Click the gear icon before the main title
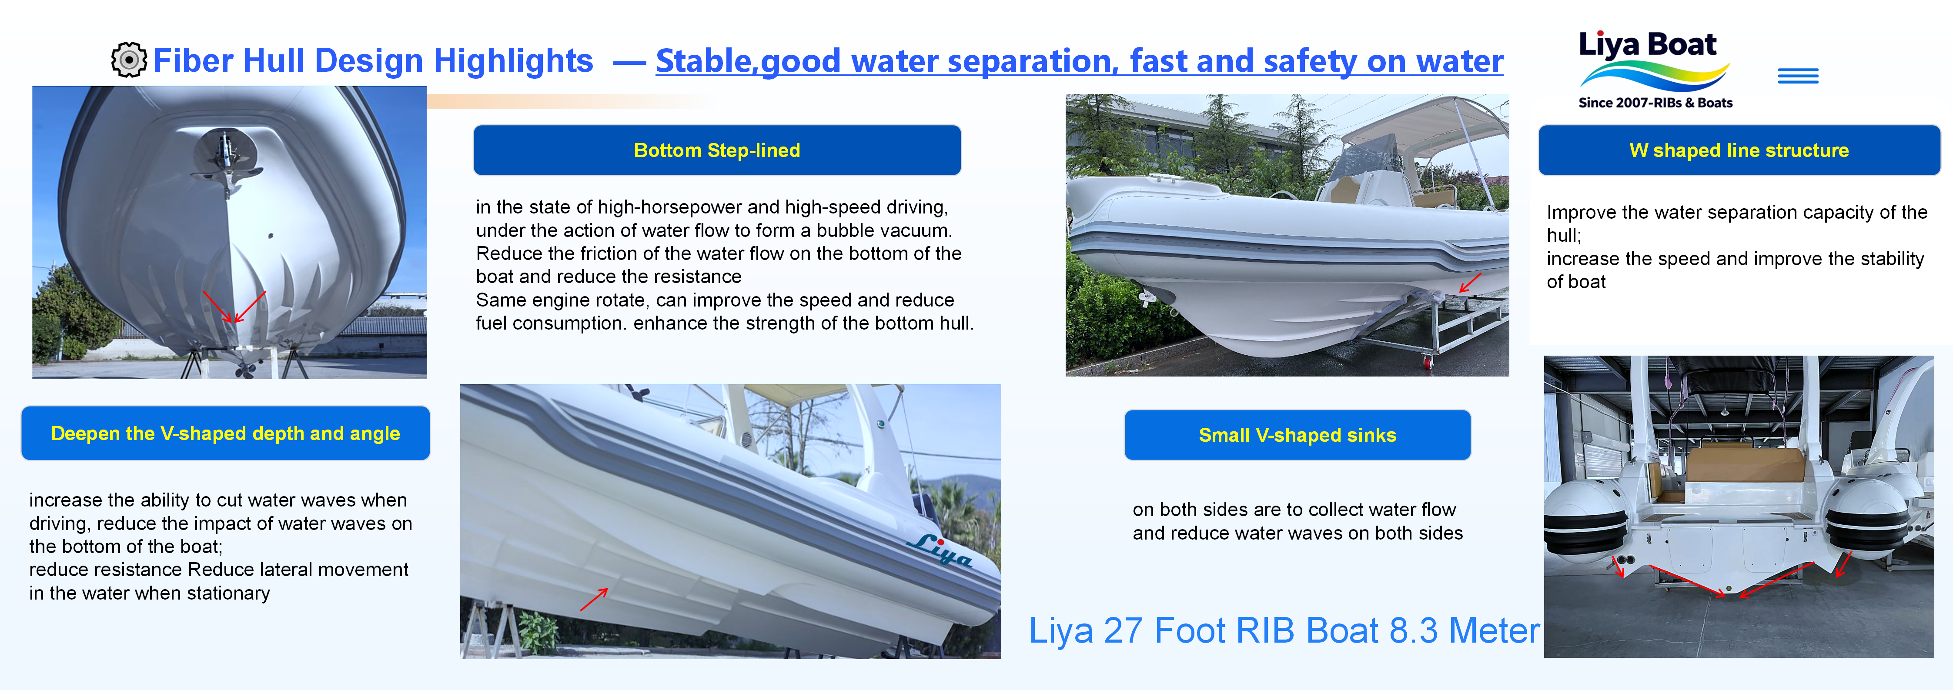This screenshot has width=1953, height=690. tap(129, 60)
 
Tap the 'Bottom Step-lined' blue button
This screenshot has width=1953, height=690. tap(716, 150)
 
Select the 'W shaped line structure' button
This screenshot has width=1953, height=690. tap(1739, 150)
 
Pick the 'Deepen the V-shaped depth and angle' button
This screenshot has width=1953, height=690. tap(225, 433)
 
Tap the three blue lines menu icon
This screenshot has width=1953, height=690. tap(1798, 76)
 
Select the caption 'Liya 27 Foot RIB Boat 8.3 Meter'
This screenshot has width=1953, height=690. tap(1284, 630)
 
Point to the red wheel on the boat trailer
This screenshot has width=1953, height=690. tap(1428, 363)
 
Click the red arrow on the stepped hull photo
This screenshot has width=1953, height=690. tap(594, 599)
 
